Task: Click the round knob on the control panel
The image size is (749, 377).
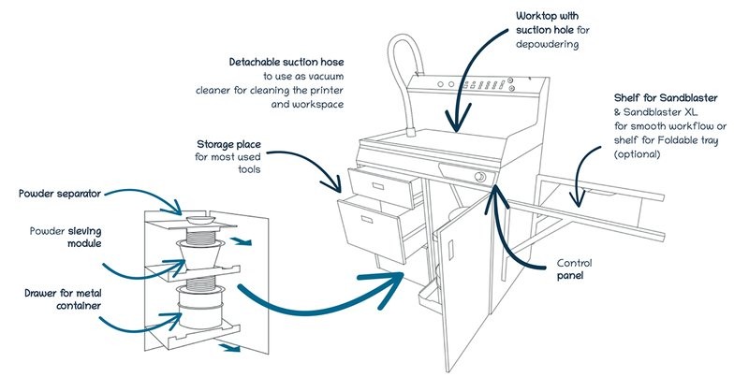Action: [480, 176]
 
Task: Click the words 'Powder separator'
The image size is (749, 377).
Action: [58, 194]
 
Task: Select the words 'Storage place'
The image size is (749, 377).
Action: [228, 144]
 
